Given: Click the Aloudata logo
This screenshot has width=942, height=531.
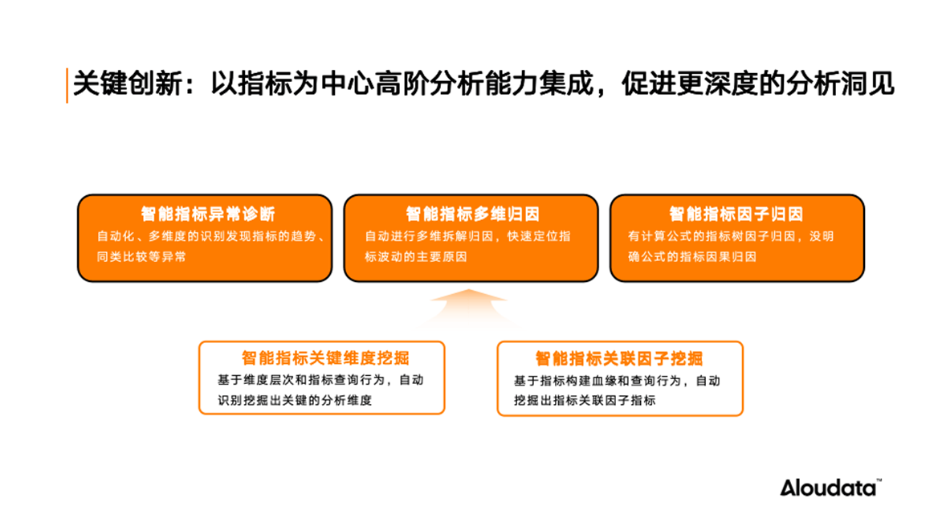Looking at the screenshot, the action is tap(830, 487).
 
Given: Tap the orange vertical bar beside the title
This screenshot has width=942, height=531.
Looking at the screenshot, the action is tap(67, 85).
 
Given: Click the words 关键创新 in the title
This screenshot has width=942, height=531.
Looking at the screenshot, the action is tap(128, 84).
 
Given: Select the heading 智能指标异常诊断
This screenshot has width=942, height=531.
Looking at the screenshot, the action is tap(208, 214).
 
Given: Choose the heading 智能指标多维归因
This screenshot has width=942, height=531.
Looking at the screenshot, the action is tap(473, 214).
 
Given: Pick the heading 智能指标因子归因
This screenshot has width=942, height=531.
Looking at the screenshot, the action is tap(736, 214).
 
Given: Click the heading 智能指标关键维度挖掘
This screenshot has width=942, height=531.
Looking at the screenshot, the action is tap(325, 358).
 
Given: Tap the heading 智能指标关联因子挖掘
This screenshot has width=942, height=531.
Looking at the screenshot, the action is tap(619, 358).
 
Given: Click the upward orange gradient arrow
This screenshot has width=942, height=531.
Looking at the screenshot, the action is tap(469, 307).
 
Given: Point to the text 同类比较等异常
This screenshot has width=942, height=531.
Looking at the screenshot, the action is tap(142, 256).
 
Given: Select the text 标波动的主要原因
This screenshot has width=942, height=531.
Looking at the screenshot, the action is tap(416, 256).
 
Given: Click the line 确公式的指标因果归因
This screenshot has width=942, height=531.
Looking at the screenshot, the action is tap(692, 256).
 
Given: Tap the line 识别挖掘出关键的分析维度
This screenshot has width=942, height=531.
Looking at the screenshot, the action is tap(295, 400).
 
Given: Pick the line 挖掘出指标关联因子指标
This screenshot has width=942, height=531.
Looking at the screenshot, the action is tap(585, 400).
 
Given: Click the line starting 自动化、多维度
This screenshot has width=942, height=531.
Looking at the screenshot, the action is tap(211, 236).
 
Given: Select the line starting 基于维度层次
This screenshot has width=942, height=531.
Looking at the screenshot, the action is tap(320, 380).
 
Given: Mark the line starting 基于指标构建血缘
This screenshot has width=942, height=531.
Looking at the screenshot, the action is tap(617, 380).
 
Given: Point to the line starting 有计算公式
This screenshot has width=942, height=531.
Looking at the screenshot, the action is tap(731, 236).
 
